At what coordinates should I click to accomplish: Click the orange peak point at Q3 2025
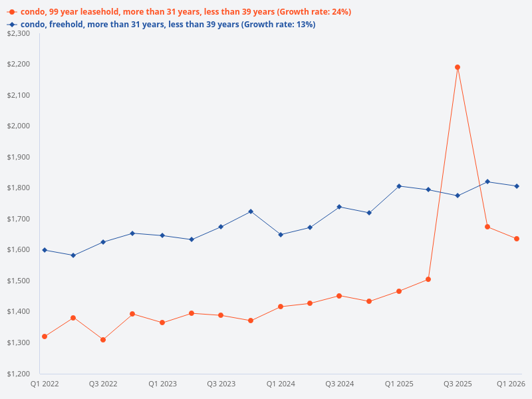[458, 67]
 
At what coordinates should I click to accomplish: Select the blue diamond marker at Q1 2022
[45, 250]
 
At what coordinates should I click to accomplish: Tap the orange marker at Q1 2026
[517, 239]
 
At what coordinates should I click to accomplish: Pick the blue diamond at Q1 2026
[517, 186]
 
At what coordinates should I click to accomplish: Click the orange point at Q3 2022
[103, 340]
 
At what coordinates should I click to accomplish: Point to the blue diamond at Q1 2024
[281, 235]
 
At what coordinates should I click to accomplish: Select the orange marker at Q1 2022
[45, 336]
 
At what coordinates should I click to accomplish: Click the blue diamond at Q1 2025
[399, 186]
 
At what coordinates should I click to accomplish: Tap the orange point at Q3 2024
[339, 296]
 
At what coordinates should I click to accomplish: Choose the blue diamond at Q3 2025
[458, 196]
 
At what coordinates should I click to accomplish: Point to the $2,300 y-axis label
[19, 33]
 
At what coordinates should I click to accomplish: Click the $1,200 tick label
[19, 373]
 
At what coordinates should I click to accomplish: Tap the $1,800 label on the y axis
[19, 188]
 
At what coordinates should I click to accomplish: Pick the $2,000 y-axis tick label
[19, 126]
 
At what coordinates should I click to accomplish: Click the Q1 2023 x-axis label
[162, 384]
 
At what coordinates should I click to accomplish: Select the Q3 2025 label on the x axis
[458, 384]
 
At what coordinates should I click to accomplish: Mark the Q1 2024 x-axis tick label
[281, 384]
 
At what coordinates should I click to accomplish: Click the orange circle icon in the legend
[12, 12]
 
